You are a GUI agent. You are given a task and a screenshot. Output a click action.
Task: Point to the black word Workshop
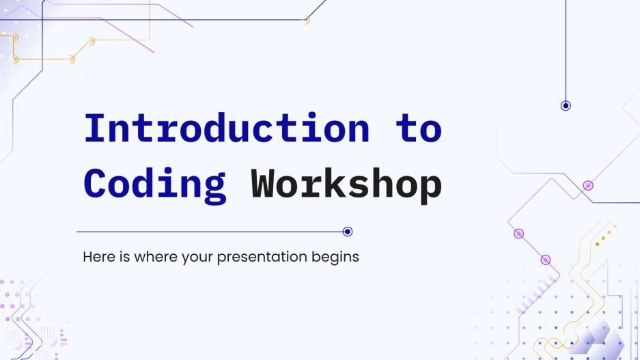pyautogui.click(x=346, y=183)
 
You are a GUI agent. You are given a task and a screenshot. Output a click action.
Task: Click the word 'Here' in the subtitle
pyautogui.click(x=96, y=258)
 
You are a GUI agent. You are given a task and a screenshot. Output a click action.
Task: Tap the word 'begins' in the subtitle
pyautogui.click(x=339, y=258)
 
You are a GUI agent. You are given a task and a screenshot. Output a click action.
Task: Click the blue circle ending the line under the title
pyautogui.click(x=348, y=232)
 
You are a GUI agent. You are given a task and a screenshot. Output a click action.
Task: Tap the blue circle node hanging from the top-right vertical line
pyautogui.click(x=566, y=105)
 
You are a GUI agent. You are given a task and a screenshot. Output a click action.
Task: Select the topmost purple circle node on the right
pyautogui.click(x=588, y=185)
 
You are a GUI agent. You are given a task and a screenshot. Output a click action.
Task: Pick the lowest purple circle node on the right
pyautogui.click(x=545, y=260)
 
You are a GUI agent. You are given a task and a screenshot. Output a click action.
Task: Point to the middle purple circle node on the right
pyautogui.click(x=518, y=234)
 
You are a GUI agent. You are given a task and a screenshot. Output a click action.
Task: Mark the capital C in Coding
pyautogui.click(x=96, y=183)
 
